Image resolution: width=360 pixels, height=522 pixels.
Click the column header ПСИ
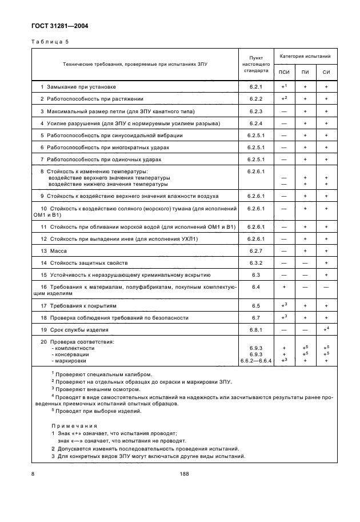284,71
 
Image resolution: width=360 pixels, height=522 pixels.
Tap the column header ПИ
305,71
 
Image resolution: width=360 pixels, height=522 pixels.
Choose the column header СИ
326,71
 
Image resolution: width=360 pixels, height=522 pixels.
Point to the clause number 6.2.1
255,86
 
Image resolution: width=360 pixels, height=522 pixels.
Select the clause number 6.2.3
255,111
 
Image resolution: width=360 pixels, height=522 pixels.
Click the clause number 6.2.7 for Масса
255,250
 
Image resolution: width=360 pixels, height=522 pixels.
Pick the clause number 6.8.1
255,330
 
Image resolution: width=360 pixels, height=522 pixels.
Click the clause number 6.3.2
255,262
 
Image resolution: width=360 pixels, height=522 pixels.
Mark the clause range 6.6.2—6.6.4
255,360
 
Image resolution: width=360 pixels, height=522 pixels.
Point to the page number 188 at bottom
183,473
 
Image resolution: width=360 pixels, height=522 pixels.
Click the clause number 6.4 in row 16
255,287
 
